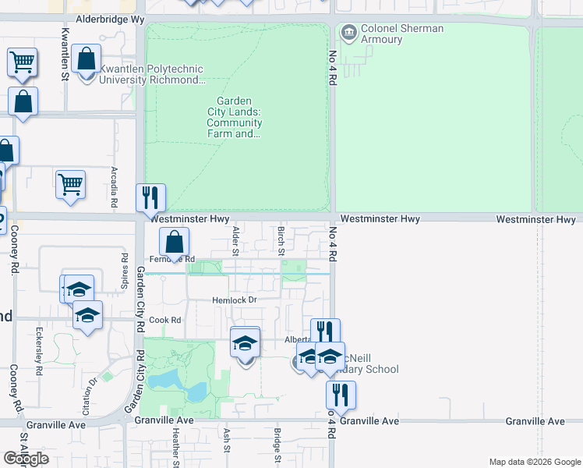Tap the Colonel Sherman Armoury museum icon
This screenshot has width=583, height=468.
pos(348,33)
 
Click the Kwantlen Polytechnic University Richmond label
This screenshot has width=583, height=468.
pos(151,75)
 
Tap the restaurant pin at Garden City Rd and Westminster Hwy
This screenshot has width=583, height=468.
pos(150,197)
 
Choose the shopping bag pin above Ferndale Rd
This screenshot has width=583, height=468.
pos(174,242)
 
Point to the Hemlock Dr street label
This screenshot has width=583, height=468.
pos(234,300)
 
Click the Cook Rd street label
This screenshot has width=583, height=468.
pos(164,320)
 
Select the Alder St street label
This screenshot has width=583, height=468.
pos(235,240)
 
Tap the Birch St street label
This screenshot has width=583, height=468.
pos(281,240)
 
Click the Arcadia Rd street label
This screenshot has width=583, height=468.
pos(114,188)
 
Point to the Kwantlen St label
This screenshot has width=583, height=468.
pos(65,48)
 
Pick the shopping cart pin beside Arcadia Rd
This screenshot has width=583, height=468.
pos(70,185)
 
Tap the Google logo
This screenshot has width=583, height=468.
pos(26,459)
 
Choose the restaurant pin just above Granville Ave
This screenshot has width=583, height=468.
pos(341,394)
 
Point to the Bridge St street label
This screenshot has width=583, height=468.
pos(277,440)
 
